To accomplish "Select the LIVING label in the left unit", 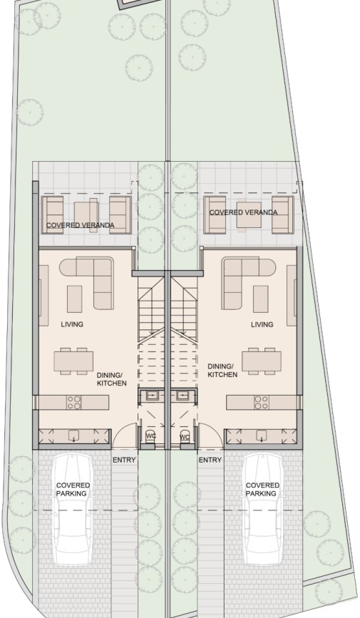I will click(x=72, y=324).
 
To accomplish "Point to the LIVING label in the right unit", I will click(x=262, y=324).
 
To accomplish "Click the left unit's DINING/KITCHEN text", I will click(x=111, y=378).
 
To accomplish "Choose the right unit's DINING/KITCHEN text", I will click(x=222, y=371).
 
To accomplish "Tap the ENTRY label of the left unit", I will click(x=123, y=460).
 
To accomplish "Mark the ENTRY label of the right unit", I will click(x=210, y=460).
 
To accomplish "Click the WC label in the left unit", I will click(x=150, y=436).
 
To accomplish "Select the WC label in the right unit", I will click(x=185, y=436).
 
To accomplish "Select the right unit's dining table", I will click(x=261, y=361).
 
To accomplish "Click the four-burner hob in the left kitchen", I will click(x=73, y=402).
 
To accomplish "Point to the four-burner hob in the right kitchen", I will click(x=261, y=402).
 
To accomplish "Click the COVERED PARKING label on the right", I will click(x=262, y=489).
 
